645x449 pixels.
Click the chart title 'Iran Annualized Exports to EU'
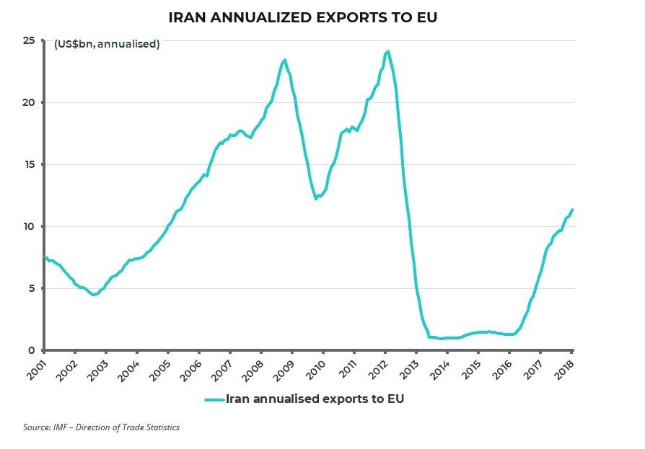pos(303,17)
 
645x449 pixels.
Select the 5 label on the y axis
pos(32,288)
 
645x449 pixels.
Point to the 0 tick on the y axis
pos(32,350)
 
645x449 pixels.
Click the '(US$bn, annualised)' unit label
pos(107,45)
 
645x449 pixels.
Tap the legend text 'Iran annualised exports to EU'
pos(315,399)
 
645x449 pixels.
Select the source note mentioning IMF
pos(101,427)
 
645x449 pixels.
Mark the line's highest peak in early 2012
pos(388,51)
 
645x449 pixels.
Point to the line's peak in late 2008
pos(285,60)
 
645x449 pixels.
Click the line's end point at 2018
pos(572,210)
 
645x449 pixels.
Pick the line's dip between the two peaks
pos(317,198)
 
